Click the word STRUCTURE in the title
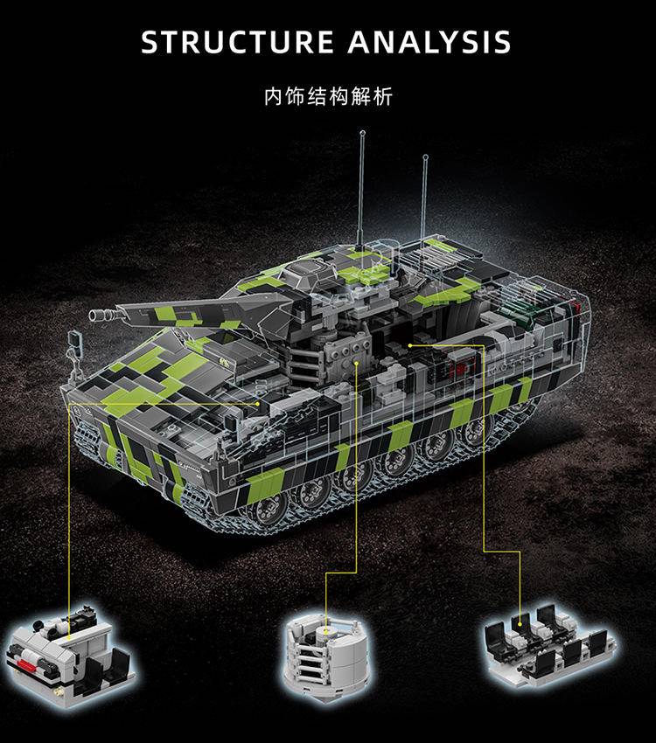pos(237,42)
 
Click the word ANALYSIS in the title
pos(429,42)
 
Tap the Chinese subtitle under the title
pos(328,96)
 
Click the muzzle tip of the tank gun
pos(91,315)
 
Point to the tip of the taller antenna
pos(363,133)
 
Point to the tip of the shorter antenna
pos(425,156)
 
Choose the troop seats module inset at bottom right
pos(550,643)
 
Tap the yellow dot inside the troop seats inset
pos(520,624)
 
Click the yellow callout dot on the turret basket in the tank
pos(357,363)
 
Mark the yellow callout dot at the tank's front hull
pos(258,404)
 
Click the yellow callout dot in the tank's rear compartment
pos(410,345)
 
